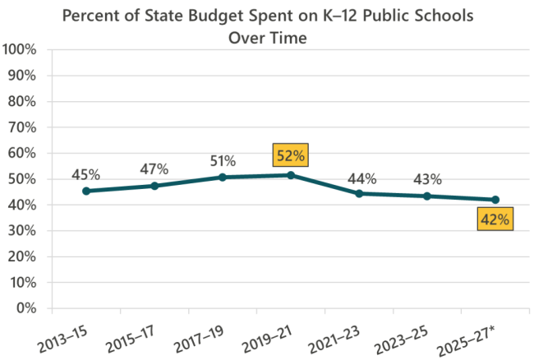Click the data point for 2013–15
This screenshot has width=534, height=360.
tap(86, 191)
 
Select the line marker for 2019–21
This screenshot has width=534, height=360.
tap(291, 175)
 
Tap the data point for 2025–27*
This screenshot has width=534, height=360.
tap(495, 200)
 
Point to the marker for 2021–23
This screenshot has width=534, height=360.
tap(359, 194)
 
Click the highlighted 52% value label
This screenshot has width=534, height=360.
tap(291, 154)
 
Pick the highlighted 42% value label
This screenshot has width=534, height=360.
tap(495, 219)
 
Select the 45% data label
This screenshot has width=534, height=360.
tap(86, 174)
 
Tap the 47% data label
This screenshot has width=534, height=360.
tap(154, 169)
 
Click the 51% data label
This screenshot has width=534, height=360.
tap(223, 160)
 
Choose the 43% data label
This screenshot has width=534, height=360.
tap(427, 179)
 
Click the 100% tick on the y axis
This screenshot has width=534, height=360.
tap(20, 49)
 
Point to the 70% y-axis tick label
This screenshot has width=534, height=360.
tap(23, 127)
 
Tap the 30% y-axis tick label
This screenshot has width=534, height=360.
tap(23, 231)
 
